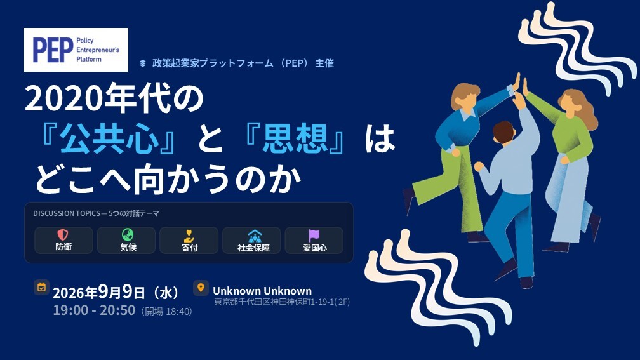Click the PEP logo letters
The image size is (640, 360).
pyautogui.click(x=53, y=50)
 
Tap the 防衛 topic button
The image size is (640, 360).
pyautogui.click(x=63, y=241)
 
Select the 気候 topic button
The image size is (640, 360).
pyautogui.click(x=126, y=241)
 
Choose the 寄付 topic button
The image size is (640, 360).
pyautogui.click(x=189, y=241)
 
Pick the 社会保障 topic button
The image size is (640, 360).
pyautogui.click(x=251, y=241)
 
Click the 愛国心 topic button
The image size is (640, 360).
pyautogui.click(x=314, y=241)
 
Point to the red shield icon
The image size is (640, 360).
pyautogui.click(x=62, y=235)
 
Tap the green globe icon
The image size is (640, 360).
pyautogui.click(x=128, y=235)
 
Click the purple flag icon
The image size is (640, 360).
pyautogui.click(x=314, y=235)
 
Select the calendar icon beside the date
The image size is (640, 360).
pyautogui.click(x=41, y=288)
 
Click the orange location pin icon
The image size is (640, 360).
pyautogui.click(x=201, y=288)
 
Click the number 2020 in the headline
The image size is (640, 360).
pyautogui.click(x=65, y=99)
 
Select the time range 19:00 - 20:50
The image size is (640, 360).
pyautogui.click(x=94, y=310)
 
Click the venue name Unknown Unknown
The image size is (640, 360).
pyautogui.click(x=262, y=291)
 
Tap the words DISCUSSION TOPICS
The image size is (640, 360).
pyautogui.click(x=67, y=213)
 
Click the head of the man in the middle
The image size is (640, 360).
pyautogui.click(x=503, y=132)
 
